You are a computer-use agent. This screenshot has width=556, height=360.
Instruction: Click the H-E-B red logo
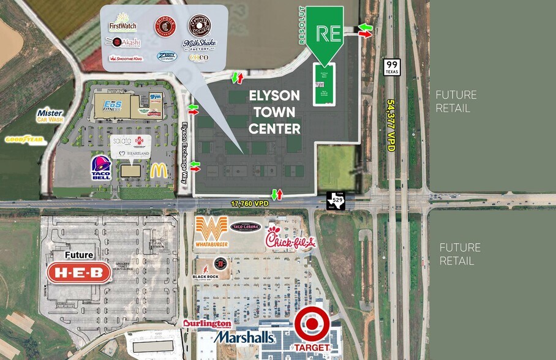pyautogui.click(x=79, y=272)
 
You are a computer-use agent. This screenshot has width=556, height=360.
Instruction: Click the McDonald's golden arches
pyautogui.click(x=159, y=170)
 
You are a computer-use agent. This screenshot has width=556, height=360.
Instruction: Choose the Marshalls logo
pyautogui.click(x=244, y=337)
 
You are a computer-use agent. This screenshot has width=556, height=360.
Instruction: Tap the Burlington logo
pyautogui.click(x=207, y=323)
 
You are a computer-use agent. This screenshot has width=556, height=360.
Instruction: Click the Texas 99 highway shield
pyautogui.click(x=392, y=67)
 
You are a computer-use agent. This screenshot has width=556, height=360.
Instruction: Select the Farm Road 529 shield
pyautogui.click(x=336, y=201)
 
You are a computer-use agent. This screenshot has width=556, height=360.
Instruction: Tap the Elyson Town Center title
pyautogui.click(x=274, y=112)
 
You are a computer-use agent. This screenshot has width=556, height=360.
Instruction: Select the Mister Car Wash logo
pyautogui.click(x=50, y=115)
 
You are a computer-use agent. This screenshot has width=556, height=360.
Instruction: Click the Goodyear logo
pyautogui.click(x=26, y=140)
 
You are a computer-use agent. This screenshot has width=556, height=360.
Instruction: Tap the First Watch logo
pyautogui.click(x=122, y=23)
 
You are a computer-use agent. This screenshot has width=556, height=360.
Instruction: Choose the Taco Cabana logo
pyautogui.click(x=246, y=227)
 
